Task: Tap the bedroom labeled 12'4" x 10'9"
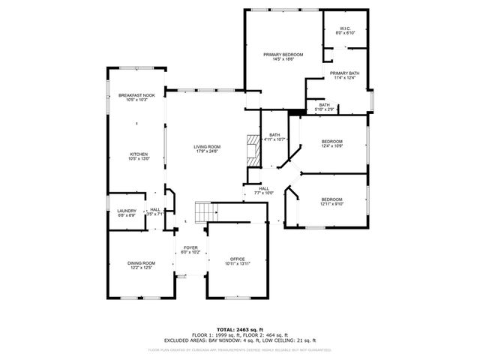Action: (332, 143)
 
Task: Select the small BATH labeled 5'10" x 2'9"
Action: (324, 106)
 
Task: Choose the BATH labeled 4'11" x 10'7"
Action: (274, 136)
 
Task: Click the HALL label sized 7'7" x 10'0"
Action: (264, 190)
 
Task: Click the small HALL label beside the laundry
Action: (154, 211)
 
